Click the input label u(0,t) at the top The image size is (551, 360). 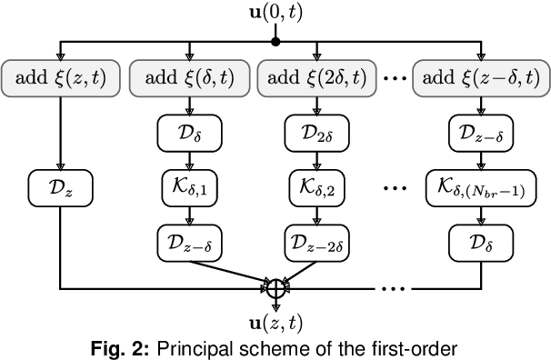(x=275, y=13)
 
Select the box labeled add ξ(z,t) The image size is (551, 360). (x=60, y=79)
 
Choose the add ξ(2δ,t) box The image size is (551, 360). (x=316, y=79)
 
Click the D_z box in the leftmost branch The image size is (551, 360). (x=60, y=192)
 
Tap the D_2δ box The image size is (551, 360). (x=316, y=134)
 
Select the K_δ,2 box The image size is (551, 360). (x=316, y=192)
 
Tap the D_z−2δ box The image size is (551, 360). (x=316, y=244)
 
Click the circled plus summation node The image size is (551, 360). (x=275, y=290)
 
